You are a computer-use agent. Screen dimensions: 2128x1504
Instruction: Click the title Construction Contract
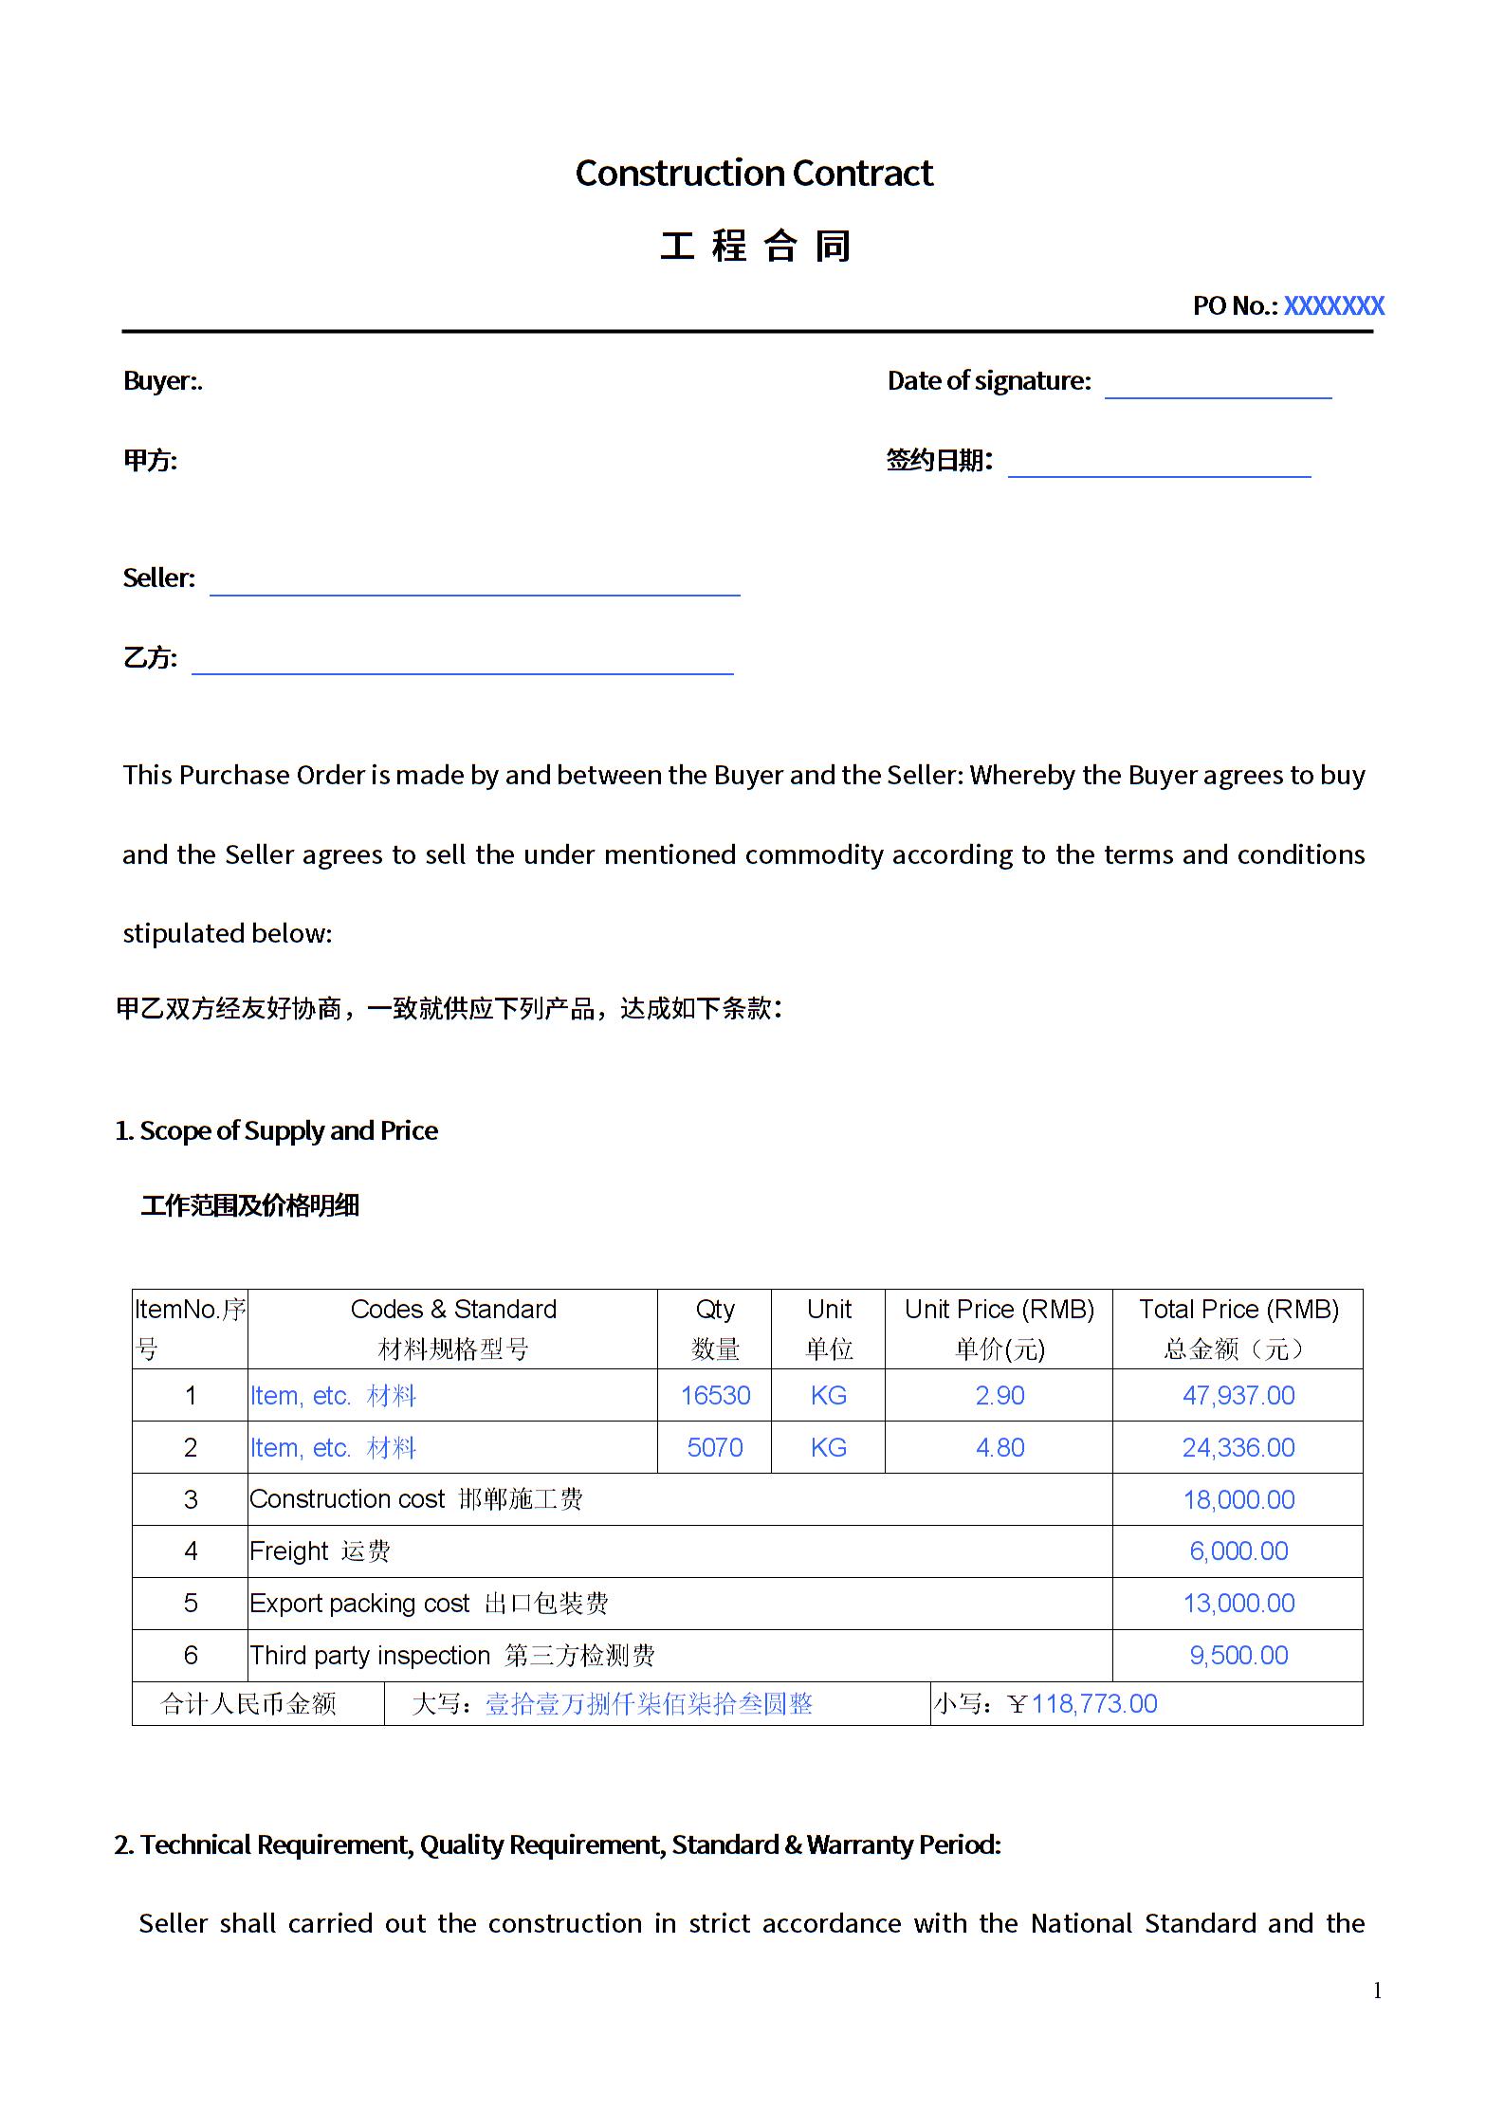(x=754, y=174)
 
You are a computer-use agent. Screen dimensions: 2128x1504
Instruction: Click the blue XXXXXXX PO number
(x=1333, y=305)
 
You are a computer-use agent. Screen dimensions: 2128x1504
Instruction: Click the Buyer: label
(x=162, y=381)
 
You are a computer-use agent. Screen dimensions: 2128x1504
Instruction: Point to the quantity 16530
(x=715, y=1395)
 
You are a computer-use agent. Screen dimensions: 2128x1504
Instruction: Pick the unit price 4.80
(x=1000, y=1447)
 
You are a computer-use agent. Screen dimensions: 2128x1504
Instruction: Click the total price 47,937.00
(x=1238, y=1395)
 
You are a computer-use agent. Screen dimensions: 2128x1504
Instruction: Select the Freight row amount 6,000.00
(x=1238, y=1550)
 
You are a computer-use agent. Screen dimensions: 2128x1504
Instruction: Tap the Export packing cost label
(x=359, y=1603)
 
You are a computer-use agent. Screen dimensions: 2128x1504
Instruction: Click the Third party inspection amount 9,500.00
(x=1238, y=1655)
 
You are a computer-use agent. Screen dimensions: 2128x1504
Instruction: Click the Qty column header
(x=715, y=1310)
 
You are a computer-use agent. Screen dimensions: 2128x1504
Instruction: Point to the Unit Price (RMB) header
(x=1000, y=1310)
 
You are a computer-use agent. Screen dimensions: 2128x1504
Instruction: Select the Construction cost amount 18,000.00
(x=1238, y=1499)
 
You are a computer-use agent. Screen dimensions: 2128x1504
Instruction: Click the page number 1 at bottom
(x=1377, y=1990)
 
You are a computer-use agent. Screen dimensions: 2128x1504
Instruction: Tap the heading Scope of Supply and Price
(x=287, y=1130)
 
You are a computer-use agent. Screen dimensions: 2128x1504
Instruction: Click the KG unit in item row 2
(x=828, y=1447)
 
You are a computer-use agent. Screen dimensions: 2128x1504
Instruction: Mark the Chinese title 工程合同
(x=755, y=247)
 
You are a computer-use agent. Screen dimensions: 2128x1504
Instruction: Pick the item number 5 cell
(x=191, y=1603)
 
